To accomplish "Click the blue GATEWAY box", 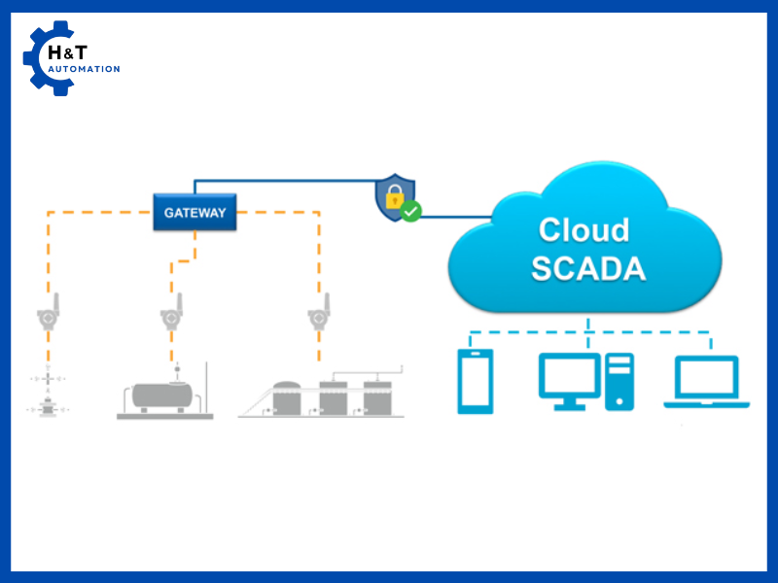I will [x=194, y=213].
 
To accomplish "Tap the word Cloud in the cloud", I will [x=583, y=229].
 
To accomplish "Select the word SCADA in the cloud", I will [x=587, y=268].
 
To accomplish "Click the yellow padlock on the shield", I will [x=393, y=198].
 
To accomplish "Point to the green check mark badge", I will [x=411, y=210].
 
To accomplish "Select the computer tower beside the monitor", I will [x=619, y=381].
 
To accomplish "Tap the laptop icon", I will [x=706, y=381].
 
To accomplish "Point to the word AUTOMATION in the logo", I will [x=85, y=69].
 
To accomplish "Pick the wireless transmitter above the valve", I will [x=48, y=315].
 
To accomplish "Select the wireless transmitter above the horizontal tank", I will [x=171, y=315].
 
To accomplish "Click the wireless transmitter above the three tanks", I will [x=317, y=315].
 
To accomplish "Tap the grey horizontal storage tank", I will [x=162, y=394].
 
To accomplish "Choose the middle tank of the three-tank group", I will [x=334, y=397].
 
